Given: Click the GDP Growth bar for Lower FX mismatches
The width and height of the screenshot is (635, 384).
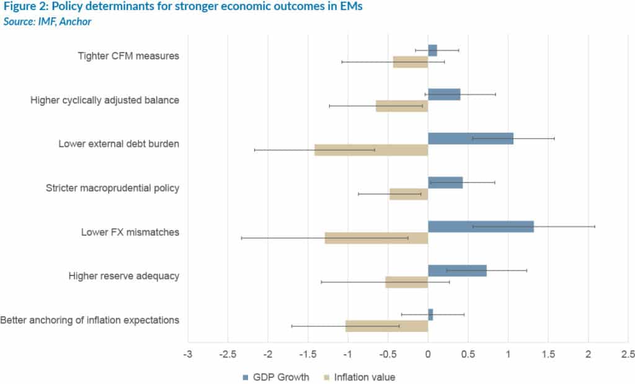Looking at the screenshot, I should tap(481, 226).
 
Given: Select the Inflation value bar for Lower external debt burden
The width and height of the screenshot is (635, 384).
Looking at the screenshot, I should tap(371, 150).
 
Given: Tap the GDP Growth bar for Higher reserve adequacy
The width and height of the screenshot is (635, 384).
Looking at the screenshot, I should tap(457, 270).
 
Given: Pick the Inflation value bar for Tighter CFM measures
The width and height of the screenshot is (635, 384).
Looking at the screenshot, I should tap(411, 62).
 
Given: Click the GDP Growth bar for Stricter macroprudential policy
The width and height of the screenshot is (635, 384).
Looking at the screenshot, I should tap(445, 182).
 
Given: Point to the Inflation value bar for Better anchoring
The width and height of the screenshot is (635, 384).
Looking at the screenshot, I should tap(386, 326).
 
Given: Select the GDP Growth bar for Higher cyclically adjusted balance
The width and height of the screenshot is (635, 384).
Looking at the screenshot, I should tap(444, 94).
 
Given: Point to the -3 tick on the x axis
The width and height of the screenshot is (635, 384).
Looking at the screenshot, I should tap(187, 354).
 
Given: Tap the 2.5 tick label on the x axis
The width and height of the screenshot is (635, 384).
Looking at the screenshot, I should tap(628, 354).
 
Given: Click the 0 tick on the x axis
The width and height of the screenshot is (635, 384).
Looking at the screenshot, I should tap(428, 354).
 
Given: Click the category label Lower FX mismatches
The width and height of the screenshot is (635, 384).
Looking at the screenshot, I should tap(130, 233).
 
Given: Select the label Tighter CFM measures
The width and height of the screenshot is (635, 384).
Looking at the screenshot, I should tap(128, 56).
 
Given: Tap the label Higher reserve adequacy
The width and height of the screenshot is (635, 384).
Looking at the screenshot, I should tap(124, 276).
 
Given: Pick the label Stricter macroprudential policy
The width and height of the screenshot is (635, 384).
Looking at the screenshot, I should tap(113, 188).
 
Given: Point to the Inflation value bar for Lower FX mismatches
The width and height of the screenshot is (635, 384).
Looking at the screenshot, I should tap(376, 238).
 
